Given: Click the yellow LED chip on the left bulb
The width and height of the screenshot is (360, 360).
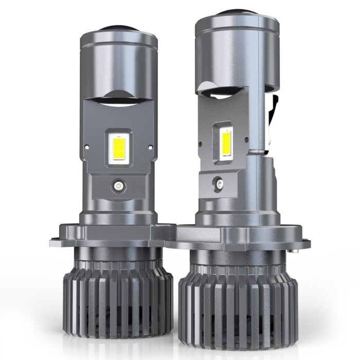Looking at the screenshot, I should (x=117, y=147).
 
